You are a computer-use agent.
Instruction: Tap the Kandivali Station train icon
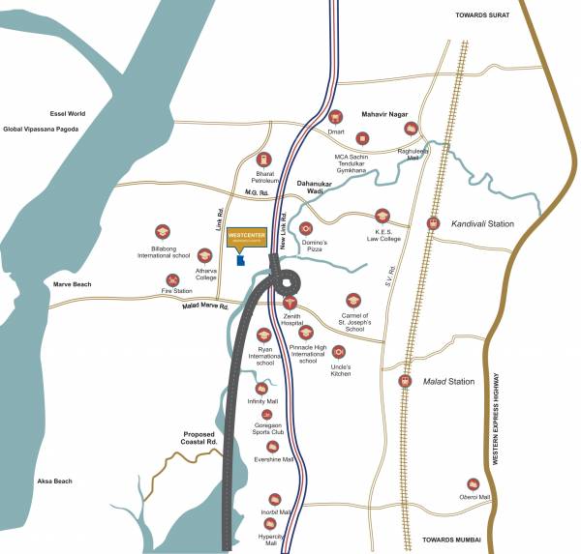[433, 223]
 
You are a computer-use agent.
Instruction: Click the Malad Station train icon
[404, 381]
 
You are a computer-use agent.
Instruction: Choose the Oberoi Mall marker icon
[474, 483]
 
